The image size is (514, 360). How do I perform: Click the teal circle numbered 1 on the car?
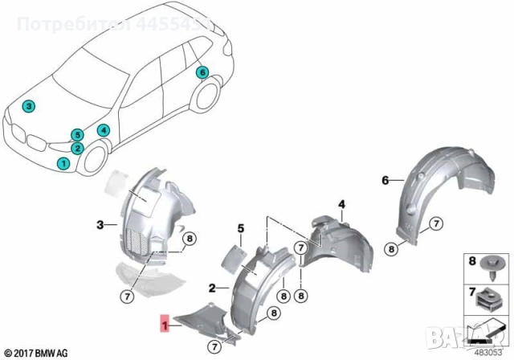pos(63,163)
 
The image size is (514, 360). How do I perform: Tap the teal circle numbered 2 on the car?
pos(77,148)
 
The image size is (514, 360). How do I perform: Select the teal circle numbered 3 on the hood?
pos(28,106)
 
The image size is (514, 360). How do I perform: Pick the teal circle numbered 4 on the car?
pos(104,130)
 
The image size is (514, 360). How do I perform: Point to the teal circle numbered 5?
pos(77,134)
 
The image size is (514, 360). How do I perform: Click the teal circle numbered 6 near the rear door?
pos(202,72)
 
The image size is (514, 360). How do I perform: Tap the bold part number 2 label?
pos(212,287)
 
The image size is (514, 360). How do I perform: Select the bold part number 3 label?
pos(100,224)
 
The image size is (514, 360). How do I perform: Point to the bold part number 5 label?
pos(240,230)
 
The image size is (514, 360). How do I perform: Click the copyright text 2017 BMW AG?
pos(35,351)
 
